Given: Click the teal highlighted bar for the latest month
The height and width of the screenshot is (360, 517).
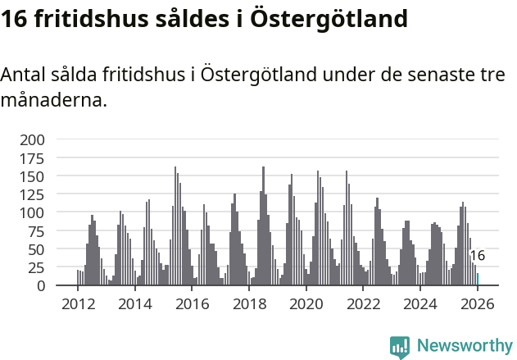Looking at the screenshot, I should [x=478, y=280].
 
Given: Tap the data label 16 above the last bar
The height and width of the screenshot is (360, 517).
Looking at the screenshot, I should [x=477, y=256].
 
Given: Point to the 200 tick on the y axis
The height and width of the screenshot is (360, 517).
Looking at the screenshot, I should [x=32, y=139].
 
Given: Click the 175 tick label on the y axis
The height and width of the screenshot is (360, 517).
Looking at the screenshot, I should [x=32, y=158].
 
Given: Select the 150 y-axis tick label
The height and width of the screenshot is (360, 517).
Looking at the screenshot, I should [x=32, y=176].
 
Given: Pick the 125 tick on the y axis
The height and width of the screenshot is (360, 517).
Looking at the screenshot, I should [x=32, y=194].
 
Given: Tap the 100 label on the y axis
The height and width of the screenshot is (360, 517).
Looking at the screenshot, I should [x=32, y=212].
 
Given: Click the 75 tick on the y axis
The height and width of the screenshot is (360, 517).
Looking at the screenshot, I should [x=36, y=231].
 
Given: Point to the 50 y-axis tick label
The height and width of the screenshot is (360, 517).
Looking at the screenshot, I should [x=36, y=249].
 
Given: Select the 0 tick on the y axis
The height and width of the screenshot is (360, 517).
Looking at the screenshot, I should [x=40, y=285].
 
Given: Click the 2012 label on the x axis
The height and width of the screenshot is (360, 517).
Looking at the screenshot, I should [x=78, y=304].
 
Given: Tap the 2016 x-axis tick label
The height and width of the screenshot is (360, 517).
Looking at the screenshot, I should [x=193, y=304].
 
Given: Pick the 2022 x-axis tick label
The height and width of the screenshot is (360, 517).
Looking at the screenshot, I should [x=363, y=304].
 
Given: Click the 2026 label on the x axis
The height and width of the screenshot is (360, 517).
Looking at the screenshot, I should [x=477, y=304].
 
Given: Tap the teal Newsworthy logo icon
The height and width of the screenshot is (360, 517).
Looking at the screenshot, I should [x=400, y=347].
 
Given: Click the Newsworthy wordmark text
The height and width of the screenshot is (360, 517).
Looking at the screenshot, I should [x=465, y=346].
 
